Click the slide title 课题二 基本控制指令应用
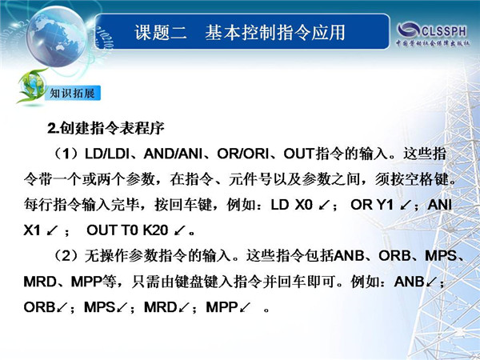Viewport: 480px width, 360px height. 240,33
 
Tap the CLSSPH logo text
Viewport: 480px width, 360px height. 444,30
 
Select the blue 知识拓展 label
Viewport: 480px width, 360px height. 73,93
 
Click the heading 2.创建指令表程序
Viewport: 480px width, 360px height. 106,128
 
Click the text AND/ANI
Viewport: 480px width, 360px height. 173,154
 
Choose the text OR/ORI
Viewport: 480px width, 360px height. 242,154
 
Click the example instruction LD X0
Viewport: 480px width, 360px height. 291,205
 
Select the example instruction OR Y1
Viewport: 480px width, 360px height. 372,205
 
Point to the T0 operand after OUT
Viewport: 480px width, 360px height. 130,230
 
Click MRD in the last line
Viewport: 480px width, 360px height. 161,307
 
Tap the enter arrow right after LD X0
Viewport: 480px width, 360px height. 324,206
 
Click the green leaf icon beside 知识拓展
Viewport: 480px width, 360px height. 30,86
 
